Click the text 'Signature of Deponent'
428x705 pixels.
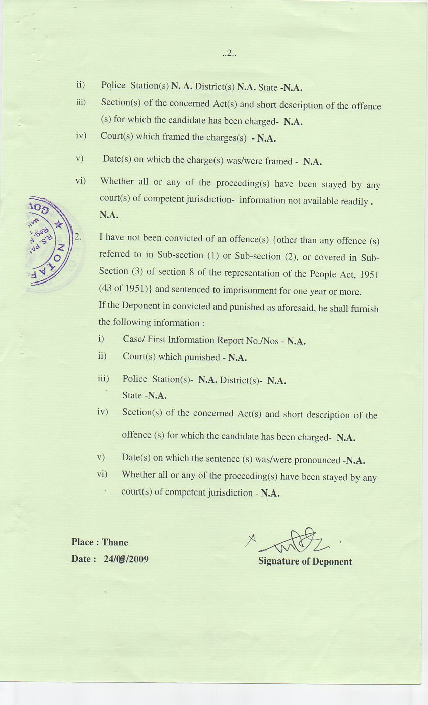305,561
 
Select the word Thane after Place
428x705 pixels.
115,542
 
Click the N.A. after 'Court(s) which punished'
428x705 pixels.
237,358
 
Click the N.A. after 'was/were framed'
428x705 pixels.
312,162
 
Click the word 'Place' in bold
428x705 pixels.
82,542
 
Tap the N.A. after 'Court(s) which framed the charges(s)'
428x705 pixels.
266,138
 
